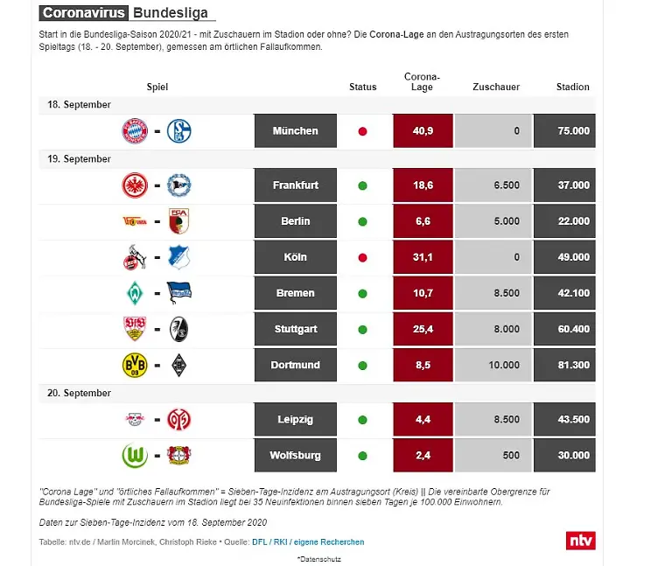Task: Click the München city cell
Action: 295,131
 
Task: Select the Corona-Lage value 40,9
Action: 422,131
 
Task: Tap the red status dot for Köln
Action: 362,257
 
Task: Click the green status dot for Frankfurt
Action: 362,185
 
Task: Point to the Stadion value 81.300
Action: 564,365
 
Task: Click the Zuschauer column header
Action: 496,87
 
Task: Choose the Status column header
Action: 362,87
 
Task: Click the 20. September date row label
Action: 79,394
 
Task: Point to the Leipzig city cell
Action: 295,420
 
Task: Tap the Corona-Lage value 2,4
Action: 422,456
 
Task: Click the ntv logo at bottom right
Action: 581,540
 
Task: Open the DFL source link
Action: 259,542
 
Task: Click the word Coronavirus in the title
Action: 83,13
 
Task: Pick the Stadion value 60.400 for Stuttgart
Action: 564,329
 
